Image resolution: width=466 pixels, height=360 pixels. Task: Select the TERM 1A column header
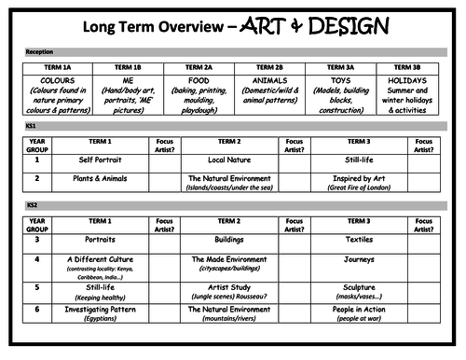point(58,68)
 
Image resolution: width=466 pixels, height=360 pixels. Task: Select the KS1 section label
point(33,124)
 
